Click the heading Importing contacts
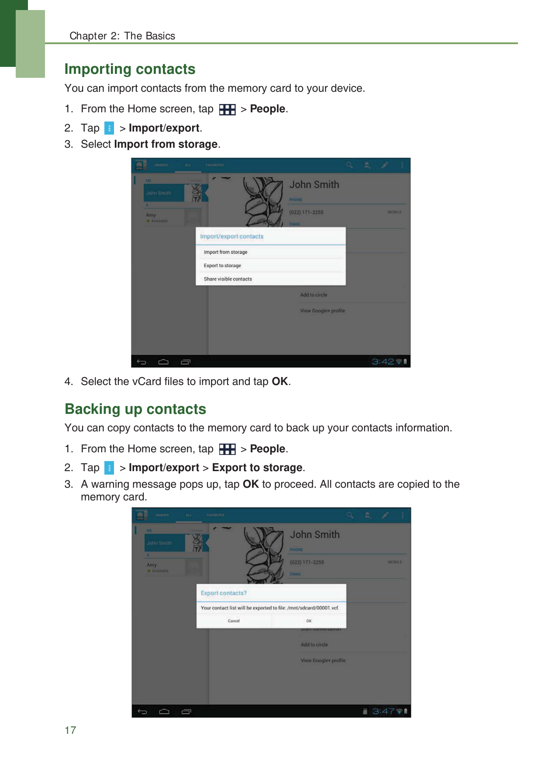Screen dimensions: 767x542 point(130,69)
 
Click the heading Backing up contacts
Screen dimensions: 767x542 point(135,409)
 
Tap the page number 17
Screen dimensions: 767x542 point(70,730)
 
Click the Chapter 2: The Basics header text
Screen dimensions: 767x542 point(122,36)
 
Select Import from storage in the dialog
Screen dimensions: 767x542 point(225,252)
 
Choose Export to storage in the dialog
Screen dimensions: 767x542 point(222,266)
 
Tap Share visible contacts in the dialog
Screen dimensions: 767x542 point(228,279)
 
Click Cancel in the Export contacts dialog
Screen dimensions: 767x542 point(234,621)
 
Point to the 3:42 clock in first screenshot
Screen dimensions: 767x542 point(383,361)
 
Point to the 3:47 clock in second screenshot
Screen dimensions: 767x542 point(383,711)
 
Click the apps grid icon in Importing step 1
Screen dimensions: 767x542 point(227,109)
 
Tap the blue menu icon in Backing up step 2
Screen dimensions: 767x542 point(109,468)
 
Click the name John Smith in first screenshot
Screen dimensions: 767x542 point(314,185)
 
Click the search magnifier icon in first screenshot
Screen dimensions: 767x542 point(349,165)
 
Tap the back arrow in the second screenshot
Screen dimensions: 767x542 point(142,711)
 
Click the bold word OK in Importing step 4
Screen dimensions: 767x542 point(280,382)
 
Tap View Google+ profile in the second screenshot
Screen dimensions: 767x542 point(323,660)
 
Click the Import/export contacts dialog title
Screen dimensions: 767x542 point(231,236)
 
